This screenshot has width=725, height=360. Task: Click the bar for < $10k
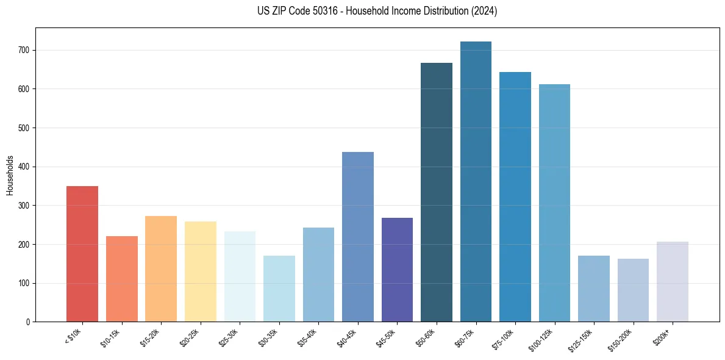pyautogui.click(x=82, y=254)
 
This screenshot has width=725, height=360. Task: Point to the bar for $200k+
pyautogui.click(x=673, y=282)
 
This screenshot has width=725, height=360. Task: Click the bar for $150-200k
pyautogui.click(x=633, y=290)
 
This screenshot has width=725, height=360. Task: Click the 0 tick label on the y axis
pyautogui.click(x=28, y=322)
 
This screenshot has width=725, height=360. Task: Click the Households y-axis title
pyautogui.click(x=10, y=175)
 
